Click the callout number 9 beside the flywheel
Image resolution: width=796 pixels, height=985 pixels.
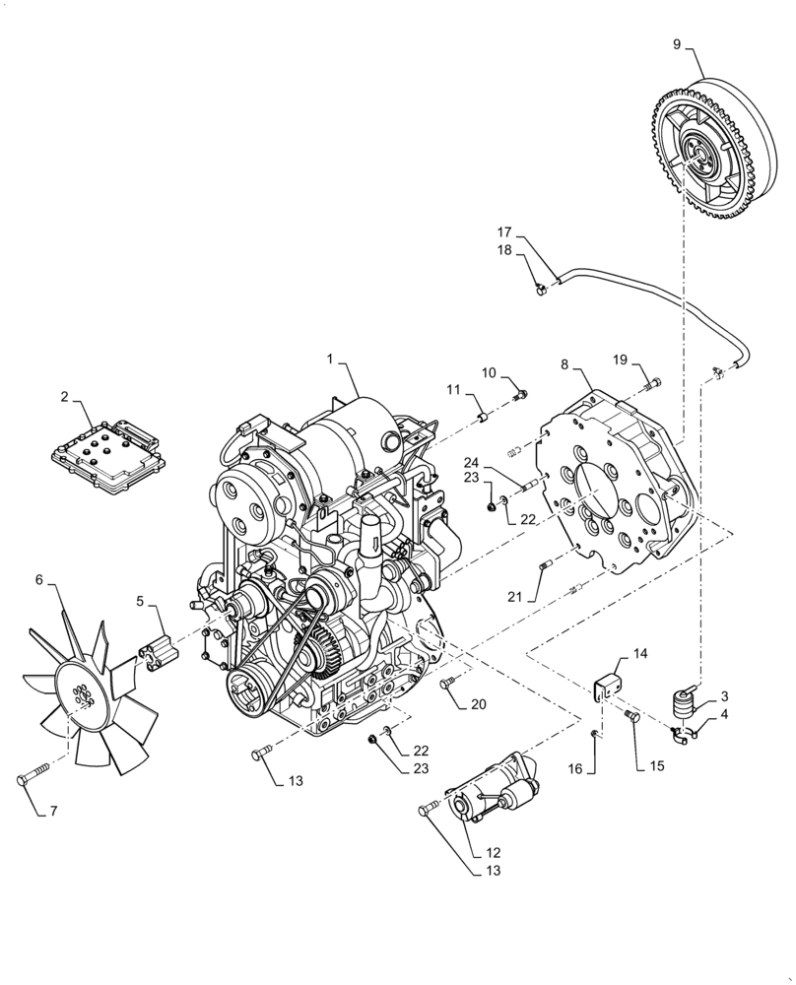pos(677,44)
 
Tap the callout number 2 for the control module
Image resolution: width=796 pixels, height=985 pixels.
pos(64,398)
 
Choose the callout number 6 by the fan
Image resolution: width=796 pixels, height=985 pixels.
pos(39,580)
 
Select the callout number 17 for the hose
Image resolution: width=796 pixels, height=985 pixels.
pos(504,233)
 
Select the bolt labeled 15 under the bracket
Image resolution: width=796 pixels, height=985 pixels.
pos(632,718)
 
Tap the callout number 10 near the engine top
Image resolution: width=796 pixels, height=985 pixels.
pos(489,372)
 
